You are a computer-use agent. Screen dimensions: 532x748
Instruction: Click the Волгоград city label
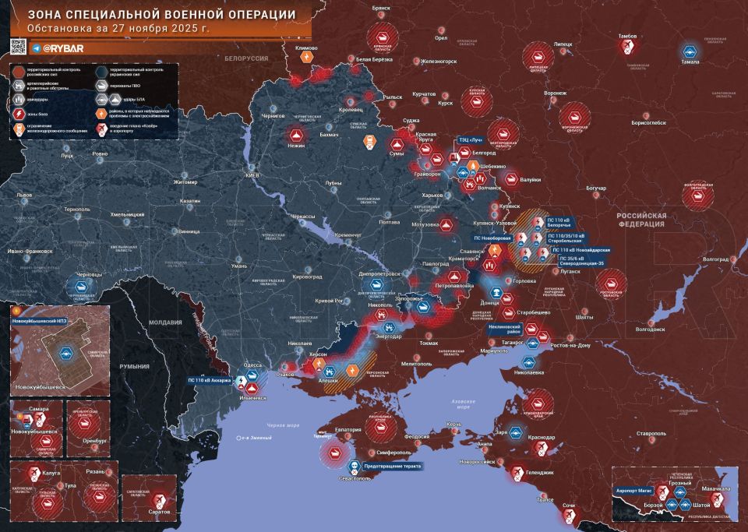tap(715, 259)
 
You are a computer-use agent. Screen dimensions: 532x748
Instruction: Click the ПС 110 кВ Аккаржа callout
tap(210, 381)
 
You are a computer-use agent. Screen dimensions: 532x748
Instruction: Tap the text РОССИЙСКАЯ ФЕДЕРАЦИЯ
tap(643, 219)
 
